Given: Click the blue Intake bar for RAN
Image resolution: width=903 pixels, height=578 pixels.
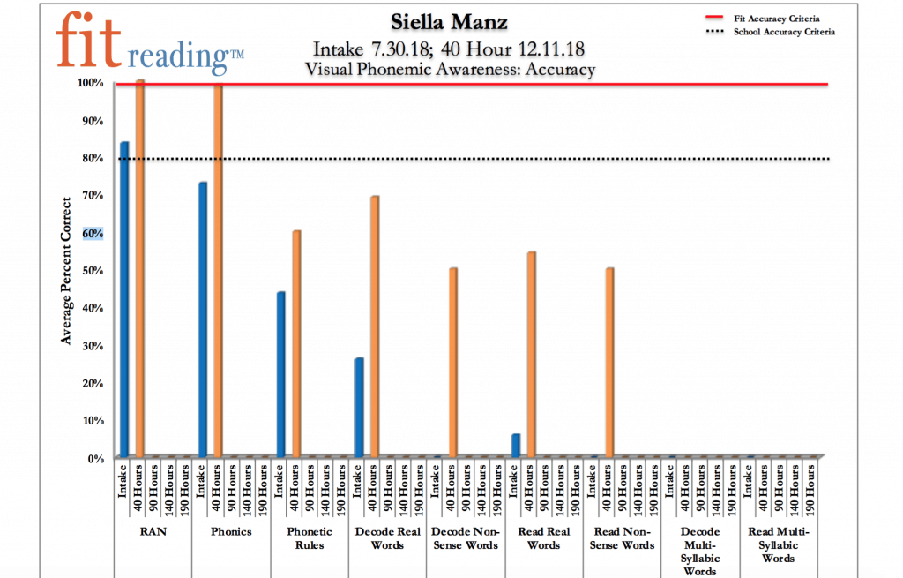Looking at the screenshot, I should pos(124,299).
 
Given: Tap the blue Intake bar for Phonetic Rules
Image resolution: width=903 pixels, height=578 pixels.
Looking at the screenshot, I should pos(280,374).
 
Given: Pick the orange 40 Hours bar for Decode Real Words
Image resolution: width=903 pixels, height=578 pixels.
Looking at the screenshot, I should pos(374,327).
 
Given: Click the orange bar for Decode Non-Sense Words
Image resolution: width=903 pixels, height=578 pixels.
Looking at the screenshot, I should pos(452,363).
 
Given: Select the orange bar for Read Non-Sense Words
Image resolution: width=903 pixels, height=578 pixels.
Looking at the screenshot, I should pos(608,363).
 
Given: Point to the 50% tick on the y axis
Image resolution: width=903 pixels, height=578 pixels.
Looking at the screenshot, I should pos(92,270).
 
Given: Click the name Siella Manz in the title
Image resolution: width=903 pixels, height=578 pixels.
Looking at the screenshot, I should pos(449,20).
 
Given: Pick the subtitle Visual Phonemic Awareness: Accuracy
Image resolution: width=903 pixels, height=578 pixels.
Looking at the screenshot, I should pos(450,69).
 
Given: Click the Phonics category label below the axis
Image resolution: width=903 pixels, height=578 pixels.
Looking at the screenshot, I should pos(231,532).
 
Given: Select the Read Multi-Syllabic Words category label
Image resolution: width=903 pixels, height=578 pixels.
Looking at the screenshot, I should pos(778,544).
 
